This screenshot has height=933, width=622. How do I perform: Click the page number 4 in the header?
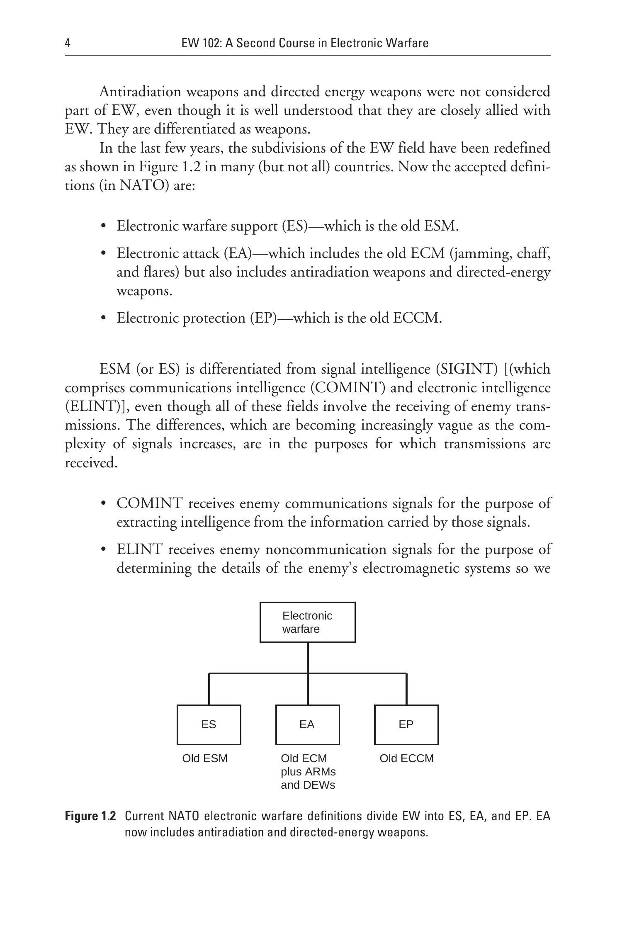point(68,43)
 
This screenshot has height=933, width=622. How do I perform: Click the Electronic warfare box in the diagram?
point(307,622)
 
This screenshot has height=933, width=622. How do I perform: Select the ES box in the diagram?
point(209,724)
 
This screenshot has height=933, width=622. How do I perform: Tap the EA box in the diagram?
point(307,724)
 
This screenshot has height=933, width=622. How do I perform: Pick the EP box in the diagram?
point(406,724)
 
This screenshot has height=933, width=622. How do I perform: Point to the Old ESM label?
point(205,758)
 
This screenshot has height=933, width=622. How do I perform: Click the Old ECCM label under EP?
point(406,758)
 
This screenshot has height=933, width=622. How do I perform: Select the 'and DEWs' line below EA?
point(308,785)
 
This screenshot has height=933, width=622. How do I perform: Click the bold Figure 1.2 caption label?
point(90,816)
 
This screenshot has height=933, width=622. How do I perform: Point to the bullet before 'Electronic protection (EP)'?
point(104,318)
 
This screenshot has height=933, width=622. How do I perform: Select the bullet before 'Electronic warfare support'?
point(104,226)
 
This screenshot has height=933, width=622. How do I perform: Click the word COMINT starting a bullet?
point(149,503)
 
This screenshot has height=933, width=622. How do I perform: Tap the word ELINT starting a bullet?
point(139,549)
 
